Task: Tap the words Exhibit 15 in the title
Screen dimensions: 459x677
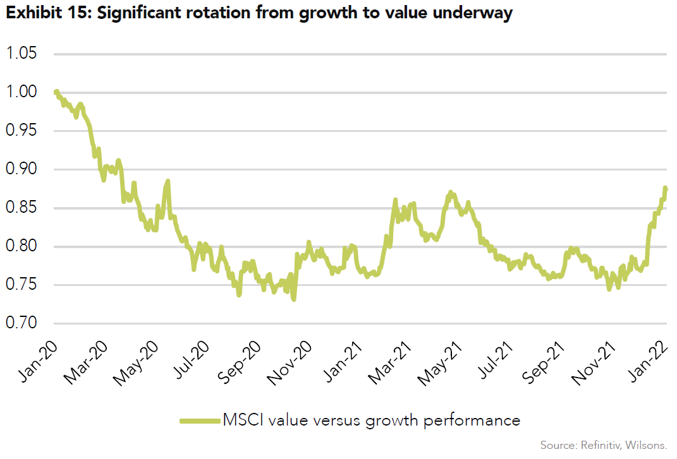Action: (x=42, y=15)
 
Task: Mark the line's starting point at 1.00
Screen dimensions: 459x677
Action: (x=56, y=92)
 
